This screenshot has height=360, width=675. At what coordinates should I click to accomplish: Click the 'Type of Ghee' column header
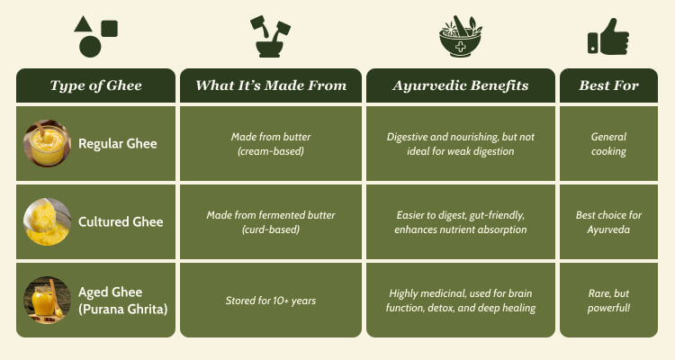tap(95, 85)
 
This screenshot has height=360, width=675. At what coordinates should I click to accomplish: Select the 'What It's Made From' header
tap(271, 85)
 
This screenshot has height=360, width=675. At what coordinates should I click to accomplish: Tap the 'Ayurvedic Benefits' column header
tap(461, 85)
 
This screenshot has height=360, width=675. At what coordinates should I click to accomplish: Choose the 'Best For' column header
tap(608, 85)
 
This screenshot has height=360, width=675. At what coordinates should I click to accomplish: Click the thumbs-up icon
tap(608, 37)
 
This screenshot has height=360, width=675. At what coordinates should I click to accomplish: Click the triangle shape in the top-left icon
tap(83, 24)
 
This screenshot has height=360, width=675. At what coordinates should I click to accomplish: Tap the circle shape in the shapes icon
tap(90, 47)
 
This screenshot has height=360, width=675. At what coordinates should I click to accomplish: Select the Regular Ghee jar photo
tap(47, 143)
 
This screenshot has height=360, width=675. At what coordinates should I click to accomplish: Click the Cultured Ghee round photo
tap(47, 221)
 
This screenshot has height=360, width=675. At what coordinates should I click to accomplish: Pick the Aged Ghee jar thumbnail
tap(47, 300)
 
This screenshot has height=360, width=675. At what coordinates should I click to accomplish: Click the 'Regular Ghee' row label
tap(118, 143)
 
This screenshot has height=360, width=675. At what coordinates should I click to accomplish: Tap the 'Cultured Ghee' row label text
tap(121, 221)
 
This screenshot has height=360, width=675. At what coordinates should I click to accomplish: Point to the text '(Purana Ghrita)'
tap(122, 309)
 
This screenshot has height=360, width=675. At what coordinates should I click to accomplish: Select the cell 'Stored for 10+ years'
tap(271, 300)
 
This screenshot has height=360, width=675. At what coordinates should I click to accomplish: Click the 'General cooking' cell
tap(608, 143)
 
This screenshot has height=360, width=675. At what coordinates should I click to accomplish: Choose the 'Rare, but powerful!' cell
tap(608, 300)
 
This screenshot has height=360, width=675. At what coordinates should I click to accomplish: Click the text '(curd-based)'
tap(271, 229)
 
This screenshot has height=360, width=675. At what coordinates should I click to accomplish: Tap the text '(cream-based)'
tap(271, 151)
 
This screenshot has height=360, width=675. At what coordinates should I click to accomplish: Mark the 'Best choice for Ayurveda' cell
tap(608, 221)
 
